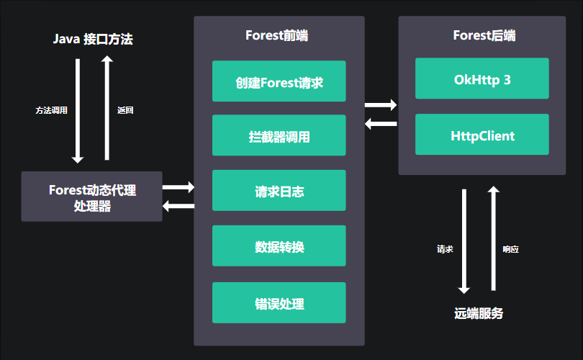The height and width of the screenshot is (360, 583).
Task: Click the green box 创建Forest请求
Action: pos(279,81)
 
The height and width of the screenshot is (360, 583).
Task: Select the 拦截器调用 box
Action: pos(279,136)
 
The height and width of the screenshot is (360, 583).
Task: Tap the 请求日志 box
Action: pos(279,191)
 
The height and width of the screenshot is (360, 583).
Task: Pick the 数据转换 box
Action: pos(279,247)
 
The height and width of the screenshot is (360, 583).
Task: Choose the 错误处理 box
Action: pos(279,303)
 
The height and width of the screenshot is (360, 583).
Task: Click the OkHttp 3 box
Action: pos(482,79)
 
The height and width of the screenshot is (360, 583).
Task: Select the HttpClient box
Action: pos(482,135)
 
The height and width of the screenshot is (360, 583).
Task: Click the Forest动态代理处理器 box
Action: pos(92,197)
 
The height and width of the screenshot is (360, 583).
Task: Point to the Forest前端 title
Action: pos(279,35)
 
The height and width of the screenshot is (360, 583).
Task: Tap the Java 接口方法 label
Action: pos(93,40)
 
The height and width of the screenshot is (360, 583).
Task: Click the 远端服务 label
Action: pos(479,314)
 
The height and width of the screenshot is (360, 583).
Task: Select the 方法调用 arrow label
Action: pos(51,111)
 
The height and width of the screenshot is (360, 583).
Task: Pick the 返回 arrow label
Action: pos(125,111)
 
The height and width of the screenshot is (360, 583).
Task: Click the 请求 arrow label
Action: pos(445,249)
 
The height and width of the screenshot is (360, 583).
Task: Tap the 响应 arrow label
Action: pos(510,249)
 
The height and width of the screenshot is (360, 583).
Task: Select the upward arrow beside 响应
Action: pos(494,238)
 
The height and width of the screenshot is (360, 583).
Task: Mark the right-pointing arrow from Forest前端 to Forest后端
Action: pos(381,105)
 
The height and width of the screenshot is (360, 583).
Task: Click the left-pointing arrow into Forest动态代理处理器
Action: pos(178,207)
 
